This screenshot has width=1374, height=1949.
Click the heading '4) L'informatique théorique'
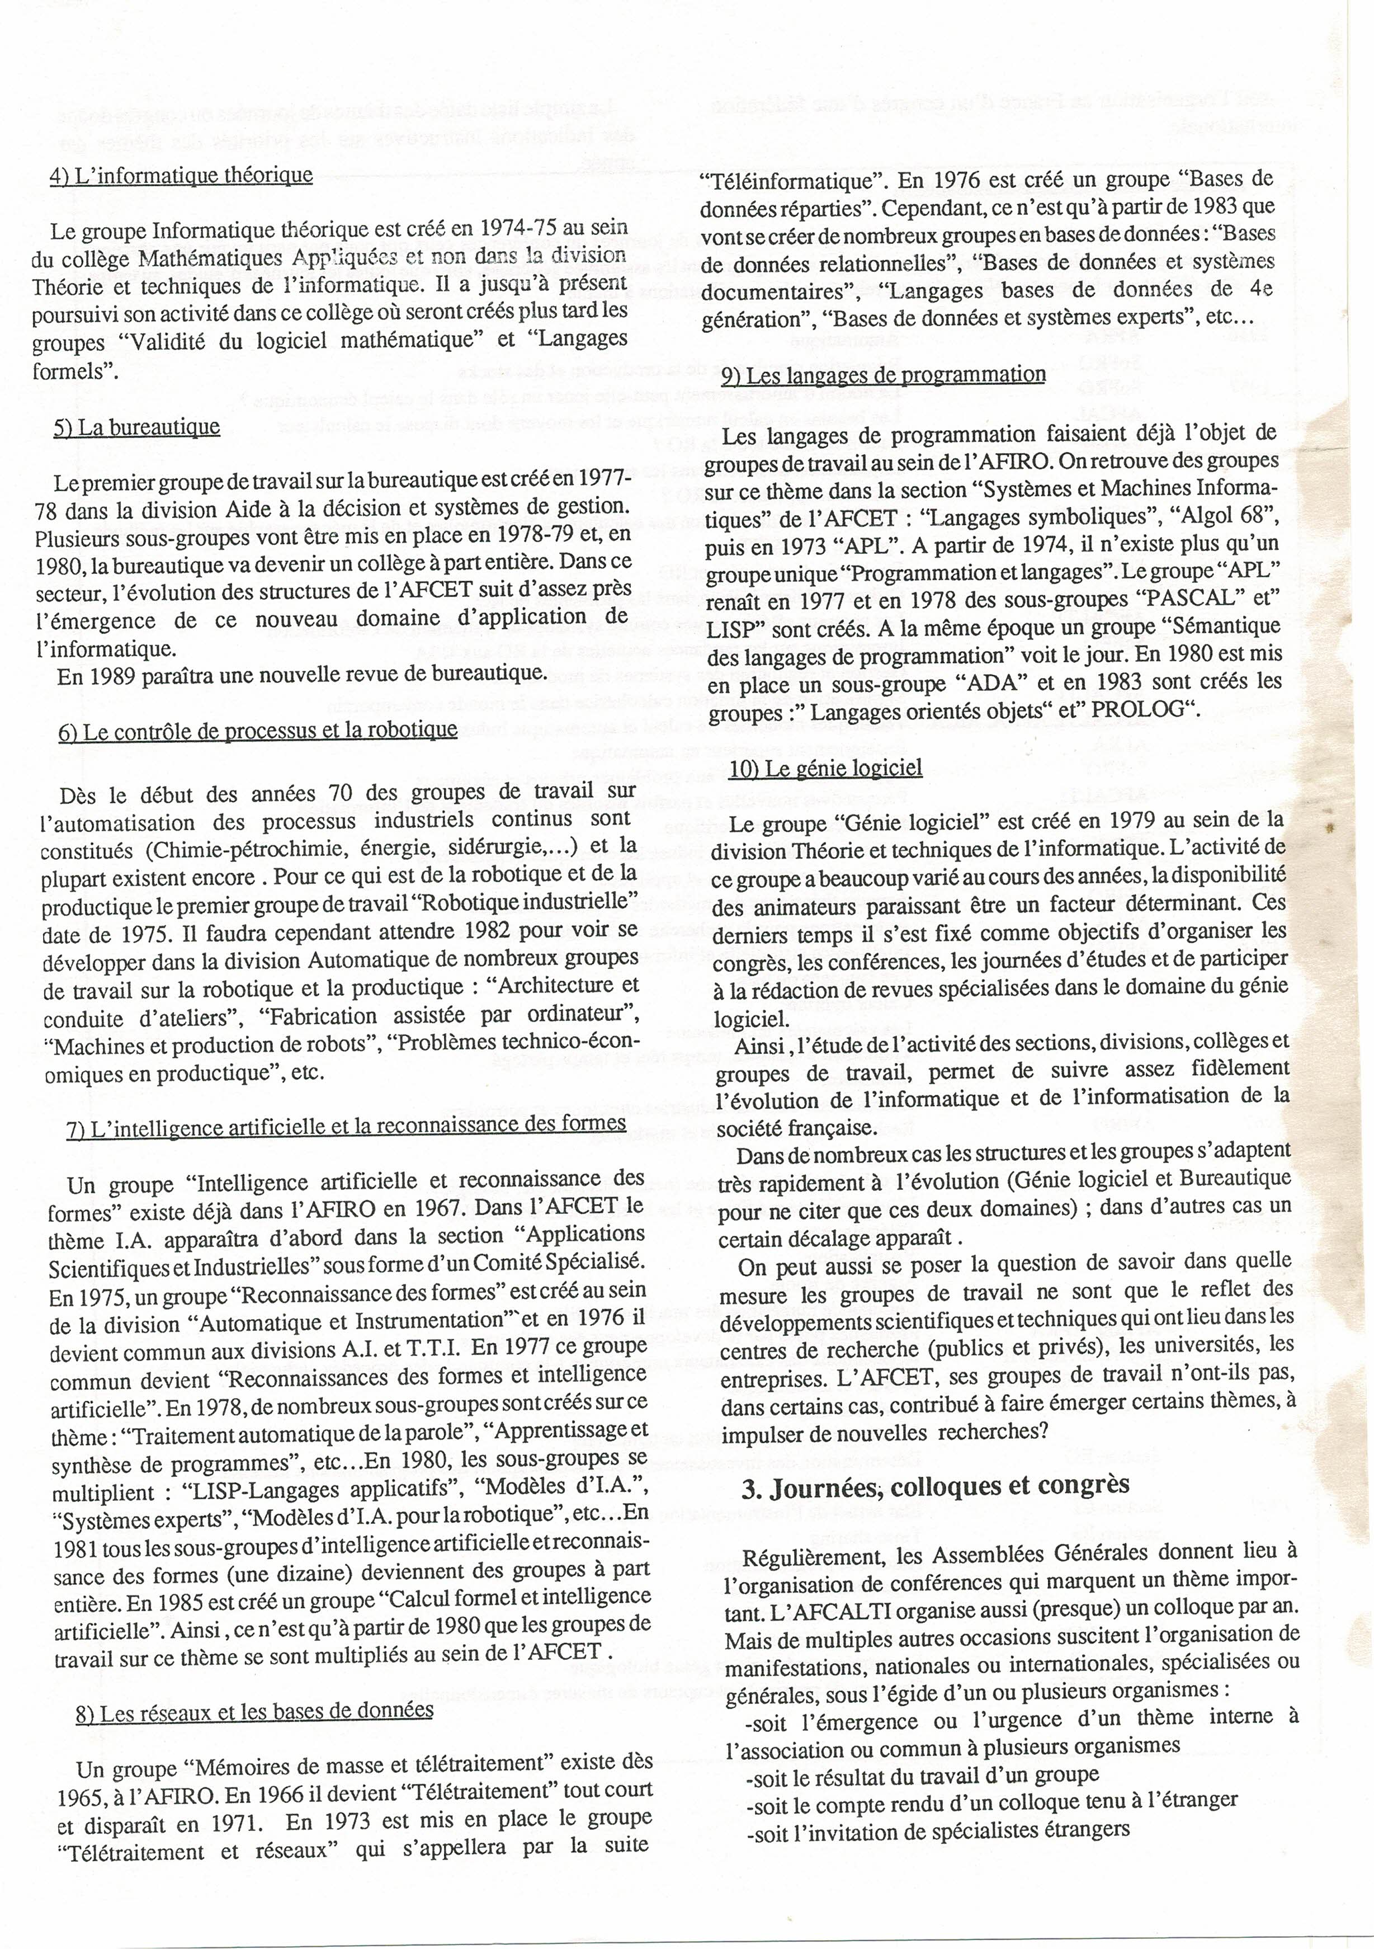tap(182, 176)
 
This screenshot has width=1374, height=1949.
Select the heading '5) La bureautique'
tap(136, 427)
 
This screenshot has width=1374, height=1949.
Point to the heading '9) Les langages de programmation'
tap(884, 374)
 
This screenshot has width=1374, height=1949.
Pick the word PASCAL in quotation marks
tap(1189, 597)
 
